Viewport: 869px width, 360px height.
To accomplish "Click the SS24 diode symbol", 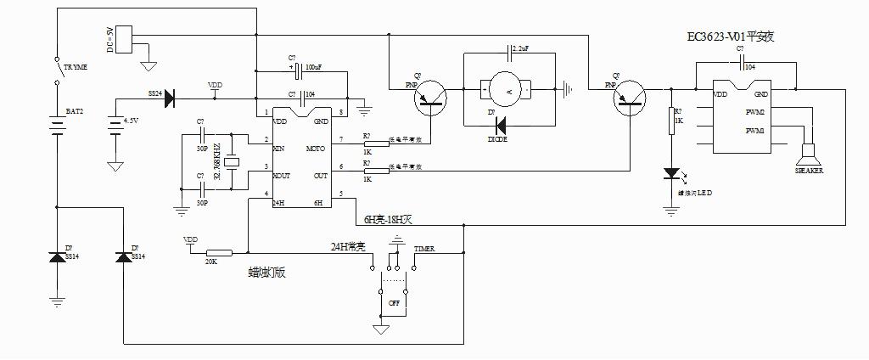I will click(168, 98).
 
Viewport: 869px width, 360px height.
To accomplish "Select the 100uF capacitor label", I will click(313, 65).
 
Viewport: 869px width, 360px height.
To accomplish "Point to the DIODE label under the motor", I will click(498, 138).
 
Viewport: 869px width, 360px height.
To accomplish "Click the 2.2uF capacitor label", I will click(520, 48).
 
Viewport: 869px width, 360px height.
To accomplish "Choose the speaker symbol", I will click(808, 156).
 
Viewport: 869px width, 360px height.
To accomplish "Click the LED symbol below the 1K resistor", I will click(672, 175).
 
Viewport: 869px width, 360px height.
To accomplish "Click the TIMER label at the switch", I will click(424, 249).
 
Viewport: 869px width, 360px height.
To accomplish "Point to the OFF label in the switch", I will click(394, 302).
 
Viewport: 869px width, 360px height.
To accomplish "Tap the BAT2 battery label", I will click(74, 112).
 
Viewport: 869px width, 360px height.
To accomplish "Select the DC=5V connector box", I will click(124, 38).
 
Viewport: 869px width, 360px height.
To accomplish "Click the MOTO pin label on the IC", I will click(316, 149).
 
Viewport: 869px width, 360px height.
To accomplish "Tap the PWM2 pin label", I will click(754, 112).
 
